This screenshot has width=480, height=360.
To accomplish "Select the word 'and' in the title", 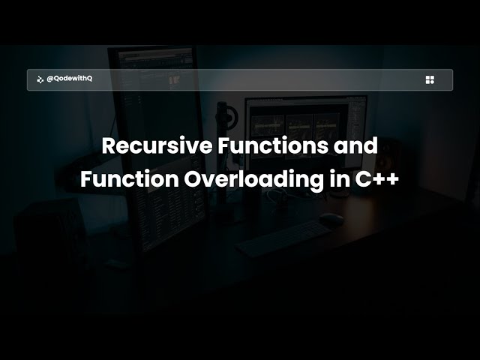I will (x=355, y=145).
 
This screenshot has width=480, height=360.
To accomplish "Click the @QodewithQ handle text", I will (x=69, y=79).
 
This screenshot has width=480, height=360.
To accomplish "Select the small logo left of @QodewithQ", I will (x=40, y=79).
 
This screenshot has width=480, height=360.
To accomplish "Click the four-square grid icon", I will (x=430, y=79).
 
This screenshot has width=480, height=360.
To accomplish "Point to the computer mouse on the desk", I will (x=331, y=220).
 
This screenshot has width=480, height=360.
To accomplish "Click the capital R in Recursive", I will (x=109, y=145).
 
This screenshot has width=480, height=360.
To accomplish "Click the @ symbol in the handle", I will (x=49, y=79).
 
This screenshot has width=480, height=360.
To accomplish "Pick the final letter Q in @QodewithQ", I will (x=89, y=79).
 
